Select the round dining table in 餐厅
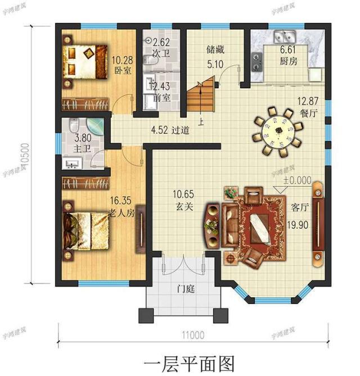277,134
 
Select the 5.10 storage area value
214,64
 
